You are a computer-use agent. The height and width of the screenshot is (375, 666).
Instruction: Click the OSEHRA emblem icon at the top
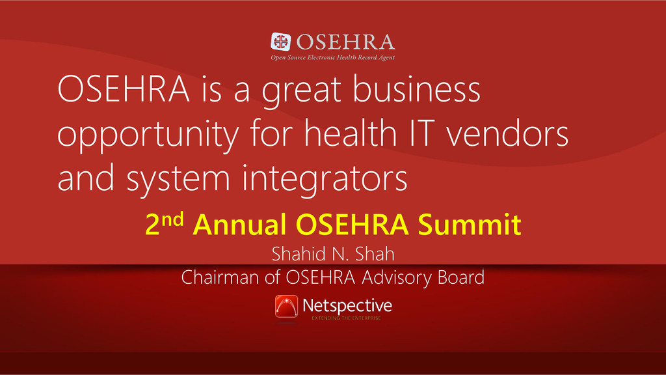281,42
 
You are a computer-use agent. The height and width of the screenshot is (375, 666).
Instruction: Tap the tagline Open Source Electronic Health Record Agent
333,57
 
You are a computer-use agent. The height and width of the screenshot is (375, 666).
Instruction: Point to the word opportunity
148,135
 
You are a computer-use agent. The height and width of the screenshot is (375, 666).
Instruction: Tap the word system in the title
178,178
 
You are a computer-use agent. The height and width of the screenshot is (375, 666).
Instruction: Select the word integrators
325,178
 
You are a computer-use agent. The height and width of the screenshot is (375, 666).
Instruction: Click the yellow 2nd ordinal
165,223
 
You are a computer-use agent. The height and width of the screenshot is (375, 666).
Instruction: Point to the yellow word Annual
239,224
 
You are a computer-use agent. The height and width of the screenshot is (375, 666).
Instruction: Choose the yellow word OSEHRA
352,224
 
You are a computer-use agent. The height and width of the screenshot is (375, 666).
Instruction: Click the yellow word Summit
470,224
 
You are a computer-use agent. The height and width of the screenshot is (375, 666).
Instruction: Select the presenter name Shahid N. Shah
333,254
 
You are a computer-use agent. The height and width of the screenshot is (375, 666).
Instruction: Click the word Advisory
396,278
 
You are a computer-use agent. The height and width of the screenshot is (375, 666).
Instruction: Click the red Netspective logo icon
286,306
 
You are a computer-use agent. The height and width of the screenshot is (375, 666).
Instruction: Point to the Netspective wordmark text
347,306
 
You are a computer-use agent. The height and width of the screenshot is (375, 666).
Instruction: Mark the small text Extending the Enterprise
346,318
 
